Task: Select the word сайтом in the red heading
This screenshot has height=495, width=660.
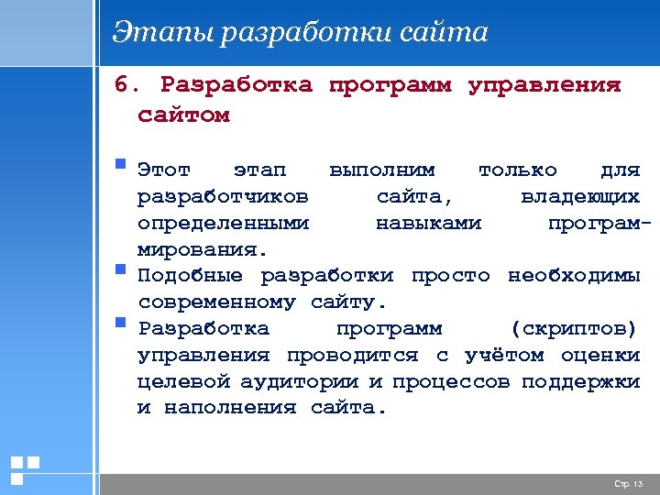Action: [x=183, y=115]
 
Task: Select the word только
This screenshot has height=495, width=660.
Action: [x=517, y=170]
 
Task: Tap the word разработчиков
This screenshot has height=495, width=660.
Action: [x=223, y=196]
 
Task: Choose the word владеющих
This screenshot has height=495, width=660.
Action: [x=579, y=196]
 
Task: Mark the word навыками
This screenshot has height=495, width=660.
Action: [x=428, y=223]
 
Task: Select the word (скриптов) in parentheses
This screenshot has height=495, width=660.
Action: [x=570, y=329]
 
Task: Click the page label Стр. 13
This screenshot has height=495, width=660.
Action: [x=629, y=483]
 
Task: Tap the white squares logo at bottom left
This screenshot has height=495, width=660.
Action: [x=24, y=469]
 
